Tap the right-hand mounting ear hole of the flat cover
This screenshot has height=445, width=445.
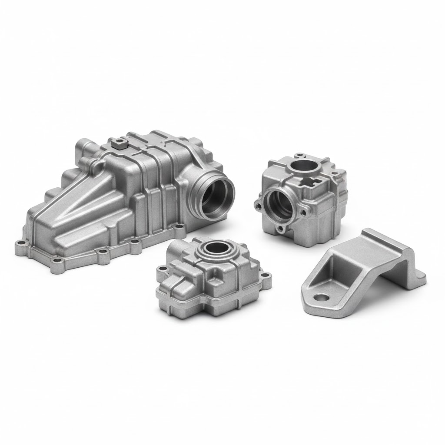point(266,275)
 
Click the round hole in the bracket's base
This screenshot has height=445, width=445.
point(322,298)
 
